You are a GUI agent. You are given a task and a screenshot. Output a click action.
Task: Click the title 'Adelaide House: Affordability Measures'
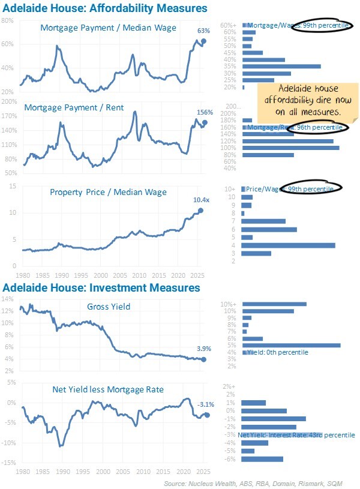click(106, 8)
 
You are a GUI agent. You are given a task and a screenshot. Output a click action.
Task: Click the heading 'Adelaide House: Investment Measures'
click(102, 288)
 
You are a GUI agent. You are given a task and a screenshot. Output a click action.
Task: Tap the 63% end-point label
click(203, 31)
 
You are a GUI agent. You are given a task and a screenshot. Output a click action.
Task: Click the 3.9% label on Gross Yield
click(202, 348)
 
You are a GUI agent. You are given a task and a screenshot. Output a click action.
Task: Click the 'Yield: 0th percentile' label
click(277, 352)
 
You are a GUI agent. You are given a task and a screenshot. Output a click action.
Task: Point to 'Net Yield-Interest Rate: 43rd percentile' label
click(296, 434)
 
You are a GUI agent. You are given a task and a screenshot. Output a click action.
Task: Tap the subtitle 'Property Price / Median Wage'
click(108, 192)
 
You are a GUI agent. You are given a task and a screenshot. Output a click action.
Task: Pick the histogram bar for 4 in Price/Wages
click(288, 245)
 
